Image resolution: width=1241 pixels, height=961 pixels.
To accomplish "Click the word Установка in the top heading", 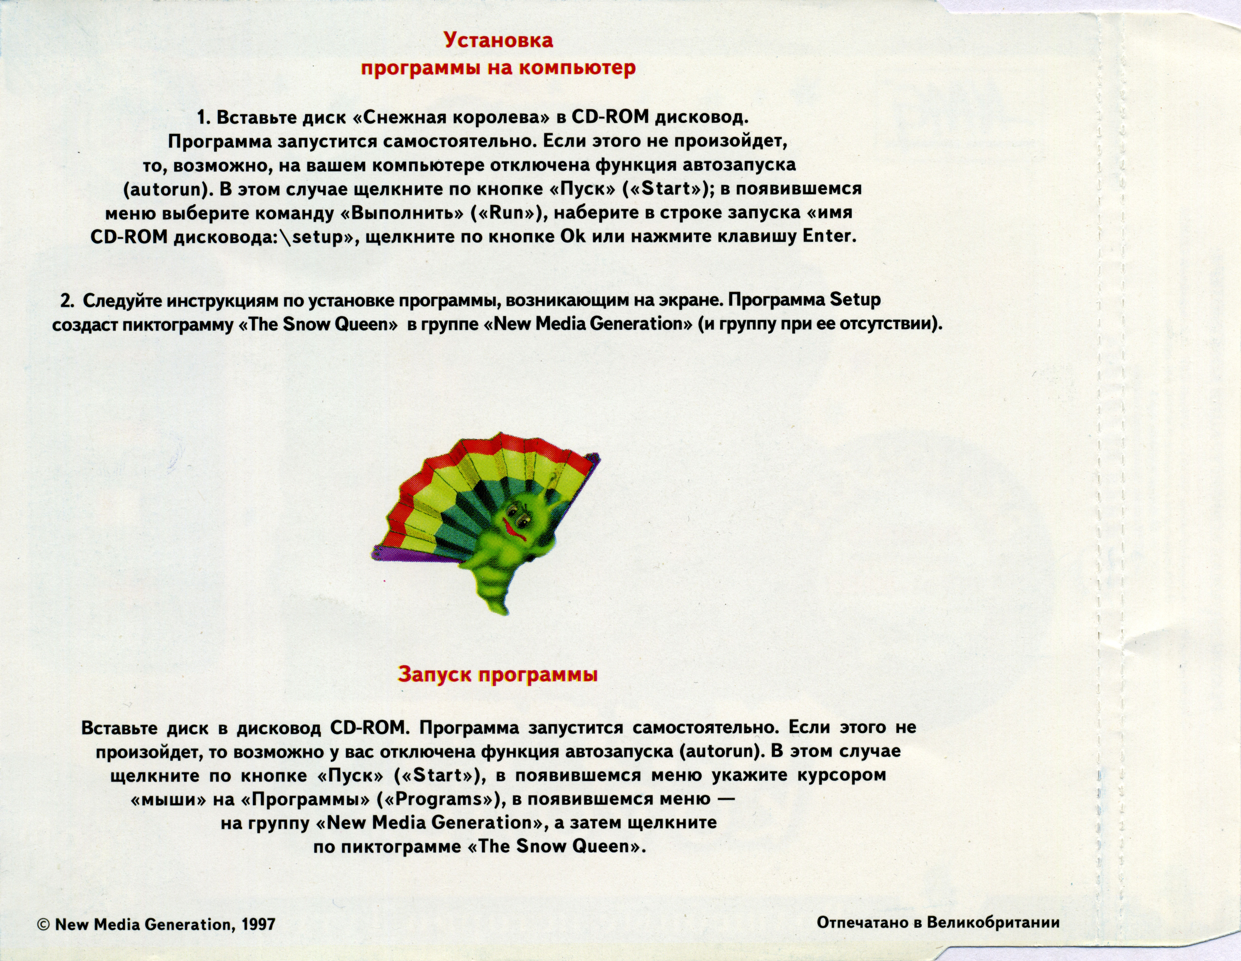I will coord(498,40).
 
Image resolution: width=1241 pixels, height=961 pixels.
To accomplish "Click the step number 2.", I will coord(67,300).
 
